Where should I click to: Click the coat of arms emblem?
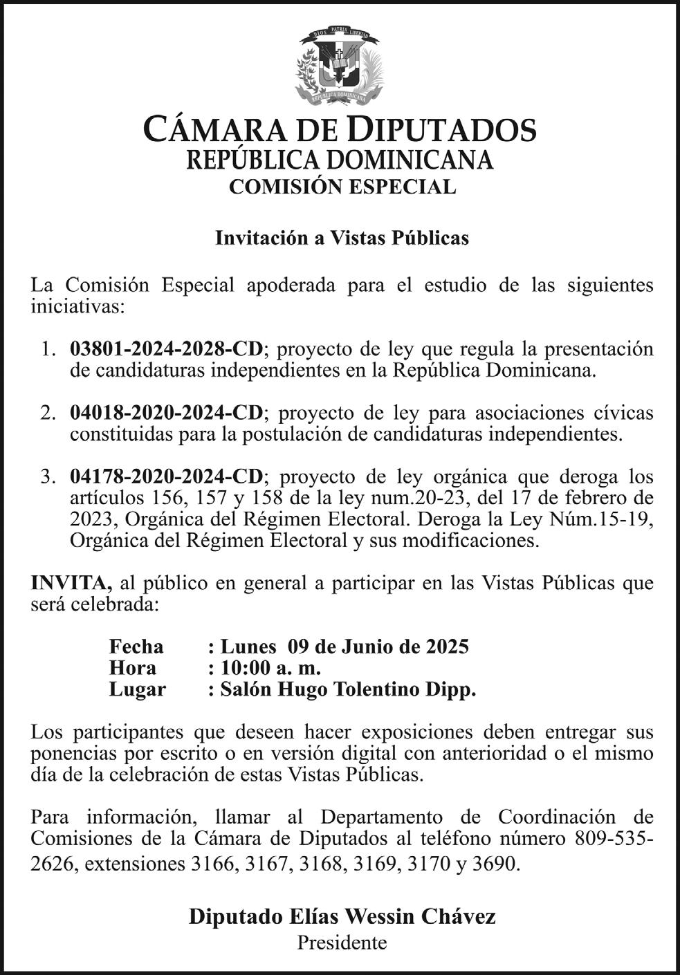point(339,66)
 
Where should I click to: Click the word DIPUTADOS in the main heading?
point(441,129)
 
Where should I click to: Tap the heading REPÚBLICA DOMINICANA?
point(340,160)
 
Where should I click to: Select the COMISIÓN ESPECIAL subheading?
point(342,187)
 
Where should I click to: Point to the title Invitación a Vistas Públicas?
point(342,238)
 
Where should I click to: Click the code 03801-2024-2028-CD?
point(166,349)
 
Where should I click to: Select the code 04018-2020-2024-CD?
point(166,413)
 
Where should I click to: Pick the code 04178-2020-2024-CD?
point(166,476)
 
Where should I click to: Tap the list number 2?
point(47,414)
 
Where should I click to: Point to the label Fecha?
point(136,647)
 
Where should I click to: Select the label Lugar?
point(137,689)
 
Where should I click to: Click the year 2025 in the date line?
point(447,647)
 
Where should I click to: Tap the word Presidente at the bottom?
point(342,942)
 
